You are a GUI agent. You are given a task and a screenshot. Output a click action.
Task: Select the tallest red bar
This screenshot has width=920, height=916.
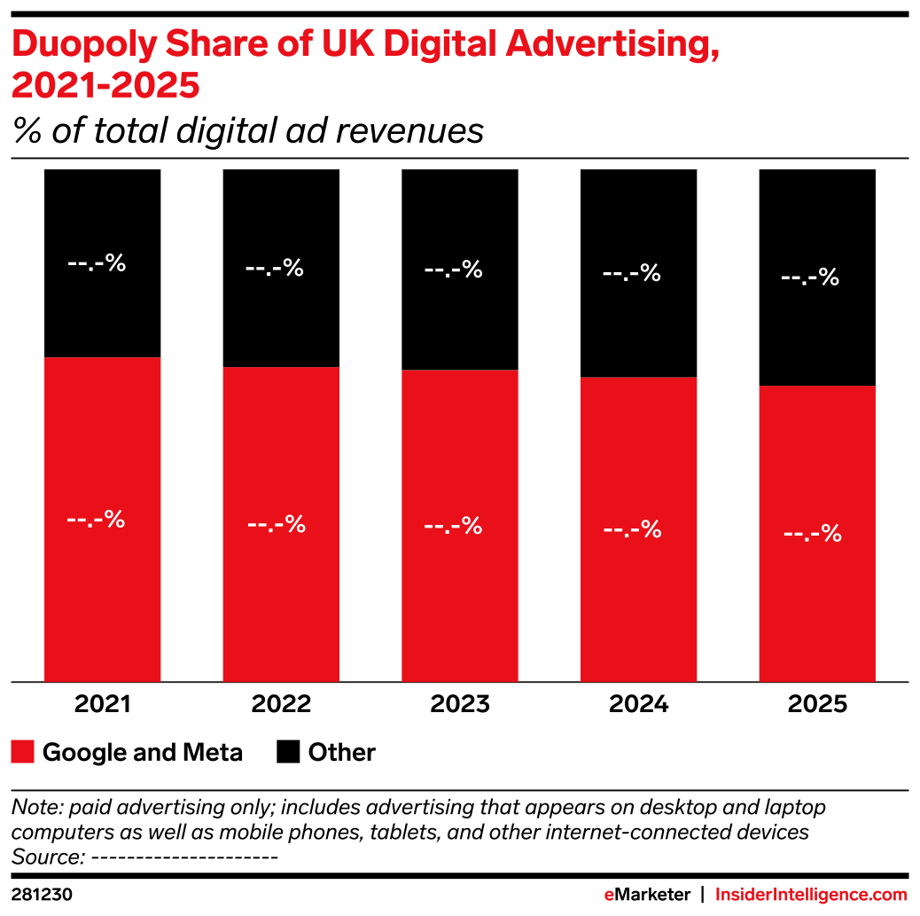pyautogui.click(x=103, y=520)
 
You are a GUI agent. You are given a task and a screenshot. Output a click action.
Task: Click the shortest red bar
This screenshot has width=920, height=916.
pyautogui.click(x=817, y=533)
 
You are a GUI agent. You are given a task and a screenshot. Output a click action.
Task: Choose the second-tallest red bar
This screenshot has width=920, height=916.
pyautogui.click(x=281, y=523)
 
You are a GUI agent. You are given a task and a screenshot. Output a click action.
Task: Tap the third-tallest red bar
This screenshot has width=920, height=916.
pyautogui.click(x=460, y=525)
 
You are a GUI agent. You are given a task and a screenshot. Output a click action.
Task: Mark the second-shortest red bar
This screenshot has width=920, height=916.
pyautogui.click(x=639, y=529)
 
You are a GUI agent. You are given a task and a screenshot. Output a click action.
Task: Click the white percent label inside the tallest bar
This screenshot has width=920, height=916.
pyautogui.click(x=96, y=520)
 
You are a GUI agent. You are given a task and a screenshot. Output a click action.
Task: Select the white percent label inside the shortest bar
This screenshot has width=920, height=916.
pyautogui.click(x=812, y=534)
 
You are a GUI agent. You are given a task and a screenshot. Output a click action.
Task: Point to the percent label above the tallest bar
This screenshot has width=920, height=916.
pyautogui.click(x=97, y=263)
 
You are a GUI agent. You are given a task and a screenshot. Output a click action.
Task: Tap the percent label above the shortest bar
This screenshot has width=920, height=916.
pyautogui.click(x=809, y=278)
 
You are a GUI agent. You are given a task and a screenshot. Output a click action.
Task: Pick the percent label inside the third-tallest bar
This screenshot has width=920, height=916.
pyautogui.click(x=453, y=526)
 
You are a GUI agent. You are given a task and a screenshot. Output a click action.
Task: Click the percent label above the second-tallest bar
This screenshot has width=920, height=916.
pyautogui.click(x=274, y=268)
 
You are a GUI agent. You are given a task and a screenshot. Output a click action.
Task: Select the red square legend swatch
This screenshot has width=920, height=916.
pyautogui.click(x=22, y=751)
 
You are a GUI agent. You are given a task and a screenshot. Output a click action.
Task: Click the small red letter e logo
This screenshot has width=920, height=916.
pyautogui.click(x=609, y=895)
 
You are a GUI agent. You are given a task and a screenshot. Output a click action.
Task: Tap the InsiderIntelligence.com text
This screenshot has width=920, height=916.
pyautogui.click(x=811, y=895)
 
